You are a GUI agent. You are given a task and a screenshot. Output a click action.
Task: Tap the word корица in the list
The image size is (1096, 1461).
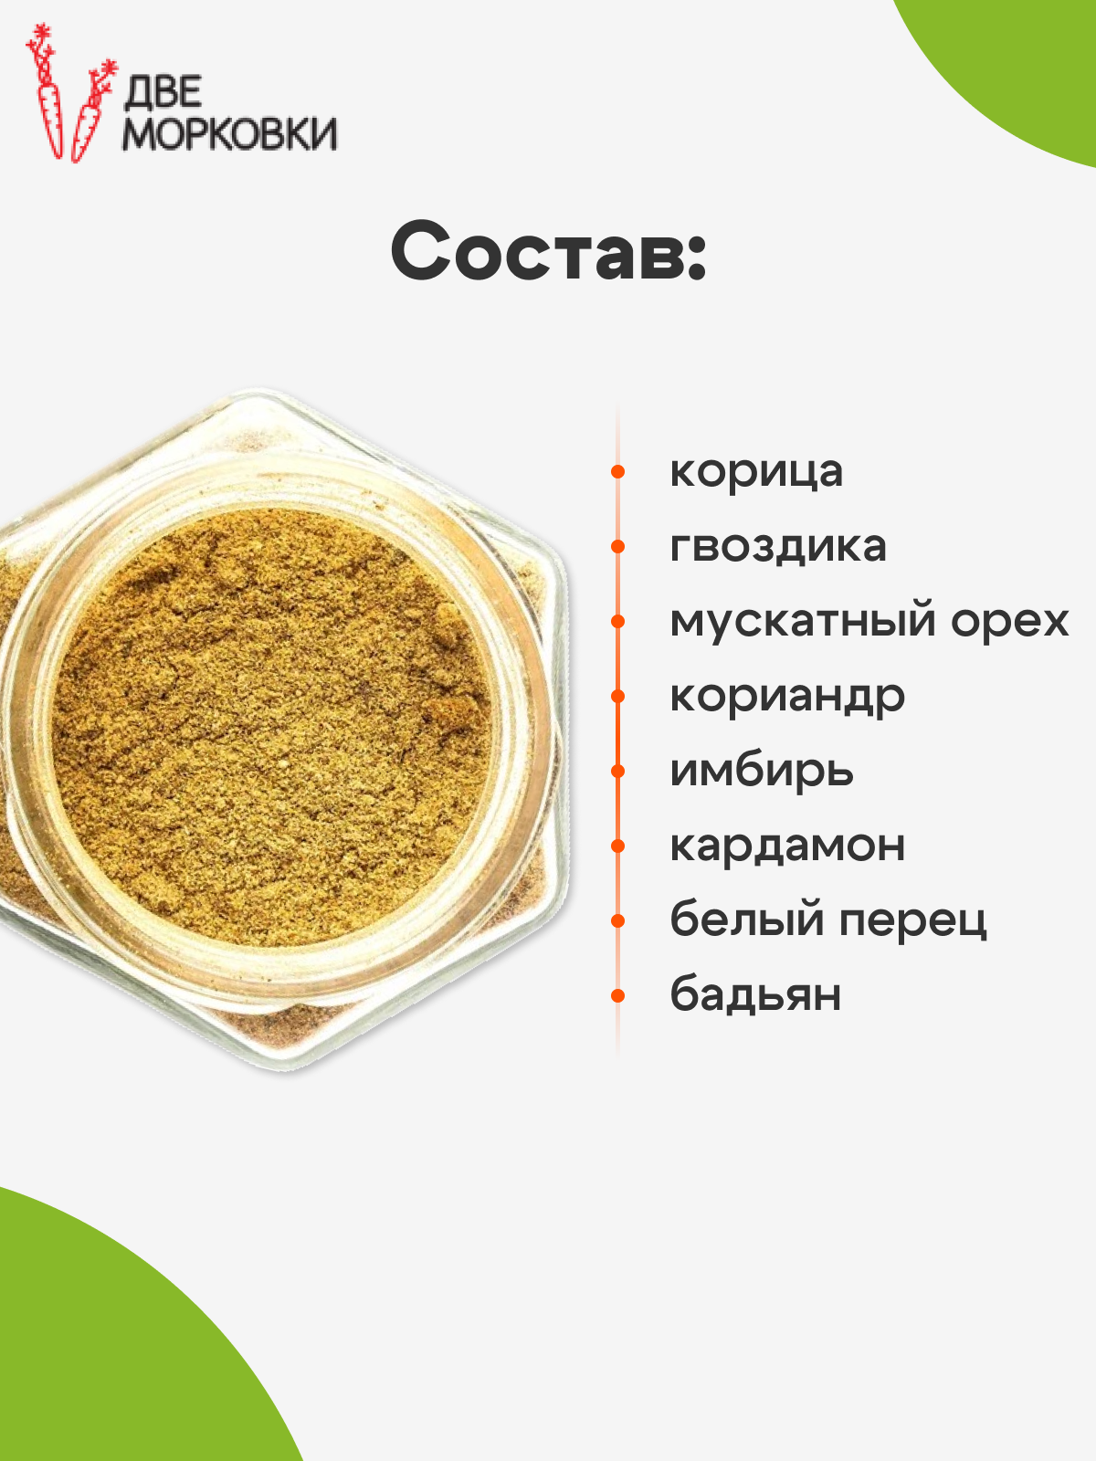point(756,473)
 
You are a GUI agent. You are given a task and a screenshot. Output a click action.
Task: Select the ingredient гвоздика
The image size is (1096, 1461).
point(778,546)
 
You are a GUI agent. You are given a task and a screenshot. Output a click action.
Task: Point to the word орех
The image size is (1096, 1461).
point(1009,623)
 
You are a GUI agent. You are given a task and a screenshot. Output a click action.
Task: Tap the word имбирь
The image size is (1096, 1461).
point(762,770)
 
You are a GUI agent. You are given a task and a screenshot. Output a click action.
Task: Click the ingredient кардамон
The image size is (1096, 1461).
point(787,846)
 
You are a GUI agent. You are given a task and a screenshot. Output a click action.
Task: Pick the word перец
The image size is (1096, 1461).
point(912,922)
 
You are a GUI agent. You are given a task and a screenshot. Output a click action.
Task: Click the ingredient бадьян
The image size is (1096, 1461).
point(755,994)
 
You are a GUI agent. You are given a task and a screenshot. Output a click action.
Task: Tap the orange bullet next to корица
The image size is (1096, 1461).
point(617,472)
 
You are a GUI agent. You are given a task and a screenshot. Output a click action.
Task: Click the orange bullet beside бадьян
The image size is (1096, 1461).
point(617,995)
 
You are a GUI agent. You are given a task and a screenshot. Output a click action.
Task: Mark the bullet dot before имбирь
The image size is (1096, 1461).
point(617,772)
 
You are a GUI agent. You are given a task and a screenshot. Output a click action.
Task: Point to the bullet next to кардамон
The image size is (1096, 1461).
point(617,846)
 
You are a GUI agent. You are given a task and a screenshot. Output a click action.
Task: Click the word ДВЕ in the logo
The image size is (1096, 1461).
point(163,92)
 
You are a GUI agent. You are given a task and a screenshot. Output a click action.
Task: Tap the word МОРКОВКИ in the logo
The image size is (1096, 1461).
point(229,134)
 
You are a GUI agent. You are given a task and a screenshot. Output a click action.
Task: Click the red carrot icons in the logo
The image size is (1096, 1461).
point(70,93)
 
